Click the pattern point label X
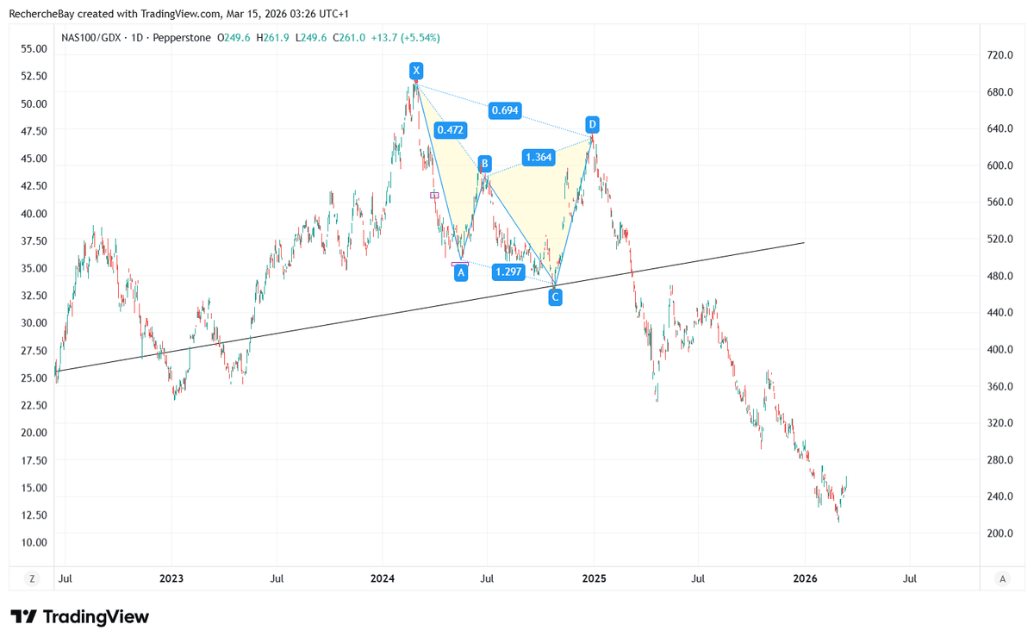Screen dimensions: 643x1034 click(x=416, y=70)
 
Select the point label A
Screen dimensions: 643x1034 click(x=461, y=272)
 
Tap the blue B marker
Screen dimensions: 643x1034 click(x=485, y=163)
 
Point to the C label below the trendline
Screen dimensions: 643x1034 click(x=555, y=297)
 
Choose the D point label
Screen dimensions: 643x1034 click(x=592, y=123)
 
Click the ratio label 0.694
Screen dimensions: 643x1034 click(x=504, y=110)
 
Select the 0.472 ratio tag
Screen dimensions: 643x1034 click(x=450, y=130)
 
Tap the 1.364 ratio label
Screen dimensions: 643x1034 click(x=539, y=157)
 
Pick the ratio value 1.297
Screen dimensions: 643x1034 click(x=508, y=272)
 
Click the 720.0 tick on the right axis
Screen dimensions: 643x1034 click(x=1000, y=55)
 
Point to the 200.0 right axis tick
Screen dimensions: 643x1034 click(x=1000, y=534)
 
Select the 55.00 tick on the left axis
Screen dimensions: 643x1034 click(x=34, y=49)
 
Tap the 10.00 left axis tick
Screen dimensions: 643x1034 click(x=34, y=542)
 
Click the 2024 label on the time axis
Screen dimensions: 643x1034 click(x=383, y=578)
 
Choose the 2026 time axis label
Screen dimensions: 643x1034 click(x=804, y=578)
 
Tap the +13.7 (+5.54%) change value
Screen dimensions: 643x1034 click(x=406, y=38)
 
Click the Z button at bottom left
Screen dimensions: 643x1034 click(x=32, y=578)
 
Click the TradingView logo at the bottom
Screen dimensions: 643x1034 click(x=79, y=617)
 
